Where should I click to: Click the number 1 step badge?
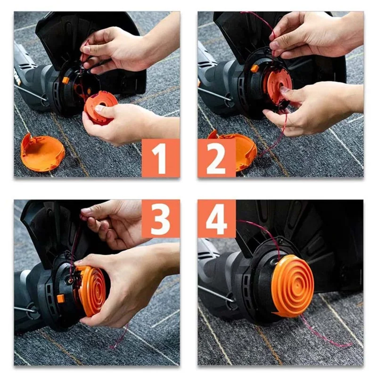[x=161, y=158]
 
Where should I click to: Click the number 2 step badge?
[x=216, y=158]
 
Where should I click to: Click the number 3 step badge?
[x=161, y=219]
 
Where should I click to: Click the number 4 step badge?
[x=216, y=219]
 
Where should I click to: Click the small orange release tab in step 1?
[x=66, y=80]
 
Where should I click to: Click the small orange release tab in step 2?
[x=254, y=69]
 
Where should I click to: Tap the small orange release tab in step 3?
[x=61, y=298]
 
